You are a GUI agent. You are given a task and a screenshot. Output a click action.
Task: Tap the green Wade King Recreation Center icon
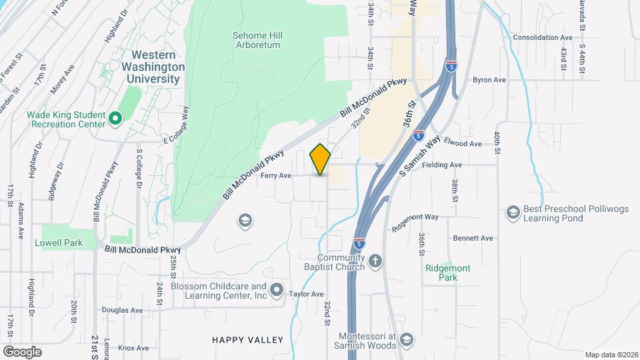(115, 119)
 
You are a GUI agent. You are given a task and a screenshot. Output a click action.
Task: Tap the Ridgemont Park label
(447, 273)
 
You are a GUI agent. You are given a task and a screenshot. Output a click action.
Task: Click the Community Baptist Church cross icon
(375, 261)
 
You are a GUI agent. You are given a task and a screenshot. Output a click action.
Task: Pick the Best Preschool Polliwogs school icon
(513, 212)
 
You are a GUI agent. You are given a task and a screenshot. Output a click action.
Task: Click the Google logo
(22, 351)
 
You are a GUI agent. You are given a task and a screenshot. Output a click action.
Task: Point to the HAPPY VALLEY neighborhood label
(247, 340)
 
